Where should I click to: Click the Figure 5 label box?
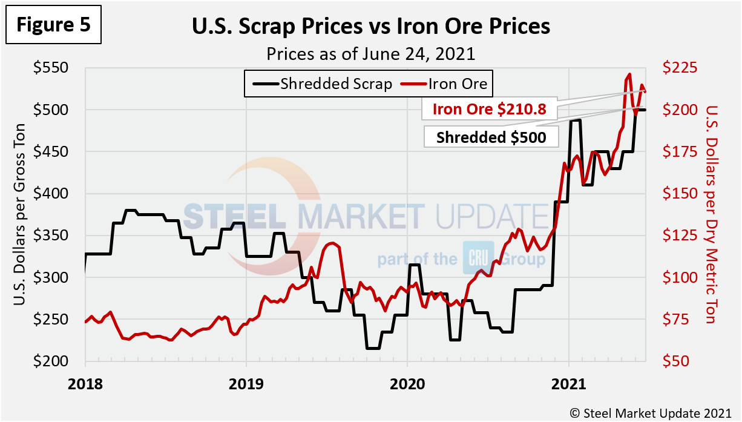[x=53, y=25]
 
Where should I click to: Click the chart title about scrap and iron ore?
[x=370, y=27]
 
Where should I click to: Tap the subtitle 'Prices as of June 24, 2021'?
[x=370, y=53]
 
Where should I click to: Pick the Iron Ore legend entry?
[x=447, y=84]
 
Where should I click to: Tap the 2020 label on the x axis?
[x=407, y=384]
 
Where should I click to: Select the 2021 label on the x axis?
[x=568, y=384]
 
